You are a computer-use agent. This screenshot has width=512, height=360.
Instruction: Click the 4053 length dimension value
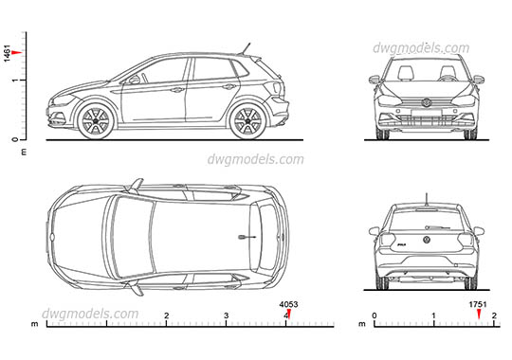click(288, 304)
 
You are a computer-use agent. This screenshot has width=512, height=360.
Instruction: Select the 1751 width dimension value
click(480, 304)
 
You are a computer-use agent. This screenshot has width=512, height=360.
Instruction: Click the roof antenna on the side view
click(247, 48)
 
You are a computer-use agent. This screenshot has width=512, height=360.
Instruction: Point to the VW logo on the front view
click(427, 101)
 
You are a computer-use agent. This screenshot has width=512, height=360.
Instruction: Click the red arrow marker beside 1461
click(19, 53)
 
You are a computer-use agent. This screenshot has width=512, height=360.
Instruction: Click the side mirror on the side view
click(134, 80)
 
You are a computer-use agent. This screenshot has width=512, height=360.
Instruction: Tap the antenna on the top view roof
click(248, 235)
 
